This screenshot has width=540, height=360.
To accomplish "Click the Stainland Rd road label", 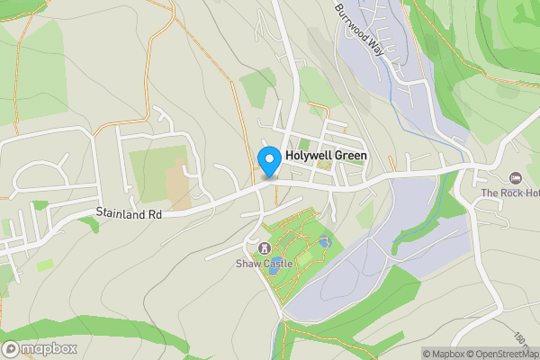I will (x=129, y=215).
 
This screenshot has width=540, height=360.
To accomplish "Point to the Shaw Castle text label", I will (x=265, y=264).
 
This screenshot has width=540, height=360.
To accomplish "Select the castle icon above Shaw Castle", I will (x=265, y=248).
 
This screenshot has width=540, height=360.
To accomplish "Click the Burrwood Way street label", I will (x=359, y=31).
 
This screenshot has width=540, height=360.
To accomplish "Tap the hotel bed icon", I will (x=515, y=177).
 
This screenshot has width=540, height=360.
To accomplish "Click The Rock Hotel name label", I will (x=509, y=193).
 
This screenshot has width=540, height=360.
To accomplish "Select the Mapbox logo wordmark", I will (x=49, y=349).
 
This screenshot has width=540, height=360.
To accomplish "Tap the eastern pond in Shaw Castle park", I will (x=324, y=242).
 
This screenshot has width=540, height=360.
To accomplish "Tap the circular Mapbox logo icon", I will (x=12, y=349).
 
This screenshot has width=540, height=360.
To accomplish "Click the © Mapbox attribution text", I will (x=444, y=354).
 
